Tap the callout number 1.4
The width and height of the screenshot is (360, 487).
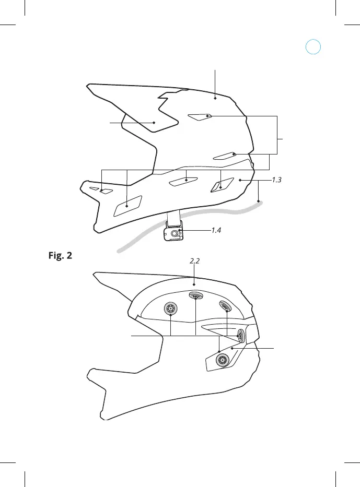pyautogui.click(x=219, y=230)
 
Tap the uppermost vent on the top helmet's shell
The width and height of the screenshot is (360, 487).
pyautogui.click(x=200, y=117)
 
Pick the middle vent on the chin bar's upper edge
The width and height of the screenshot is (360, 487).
pyautogui.click(x=184, y=181)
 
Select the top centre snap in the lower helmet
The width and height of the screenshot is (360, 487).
pyautogui.click(x=196, y=296)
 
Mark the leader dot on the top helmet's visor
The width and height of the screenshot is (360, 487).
pyautogui.click(x=154, y=123)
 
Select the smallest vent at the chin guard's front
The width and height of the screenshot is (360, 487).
pyautogui.click(x=95, y=188)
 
